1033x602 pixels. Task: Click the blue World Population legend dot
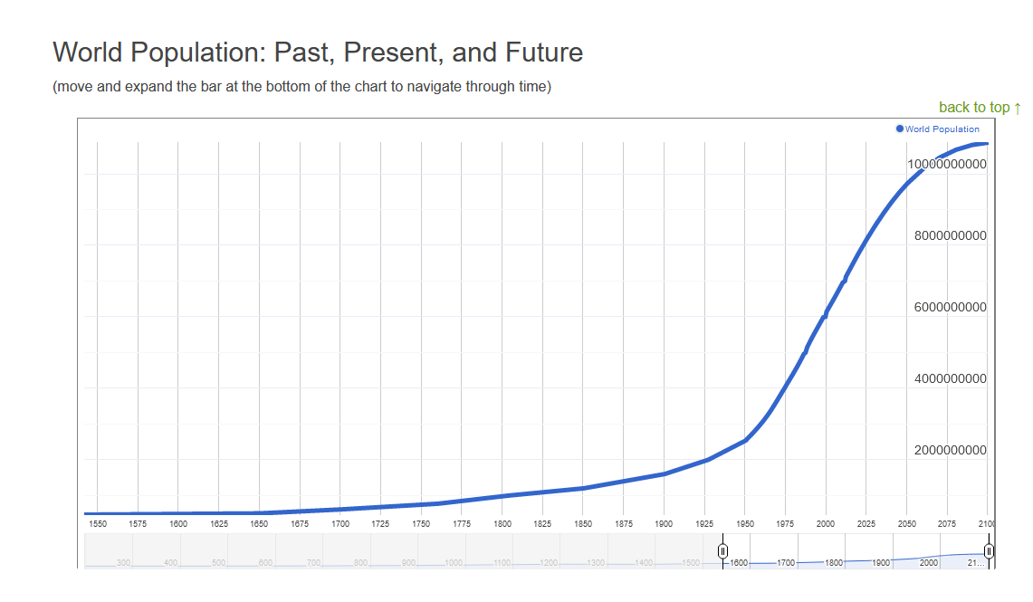click(899, 129)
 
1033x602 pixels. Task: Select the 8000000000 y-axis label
click(950, 235)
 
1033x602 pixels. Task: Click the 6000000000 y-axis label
click(950, 307)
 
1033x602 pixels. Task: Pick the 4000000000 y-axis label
click(950, 378)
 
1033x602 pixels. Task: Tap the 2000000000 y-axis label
click(950, 450)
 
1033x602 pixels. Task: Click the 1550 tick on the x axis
click(97, 523)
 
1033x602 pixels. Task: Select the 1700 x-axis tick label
click(340, 523)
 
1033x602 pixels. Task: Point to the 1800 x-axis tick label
click(502, 523)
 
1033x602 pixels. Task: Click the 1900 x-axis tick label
click(664, 523)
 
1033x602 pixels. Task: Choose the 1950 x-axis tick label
click(745, 523)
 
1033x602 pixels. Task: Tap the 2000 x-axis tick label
click(826, 523)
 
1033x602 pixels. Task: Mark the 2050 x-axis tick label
click(906, 523)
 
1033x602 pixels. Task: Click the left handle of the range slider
click(722, 551)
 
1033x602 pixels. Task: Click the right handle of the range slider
click(989, 551)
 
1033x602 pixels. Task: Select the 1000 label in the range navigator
click(453, 563)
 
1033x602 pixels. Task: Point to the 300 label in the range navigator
click(123, 563)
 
